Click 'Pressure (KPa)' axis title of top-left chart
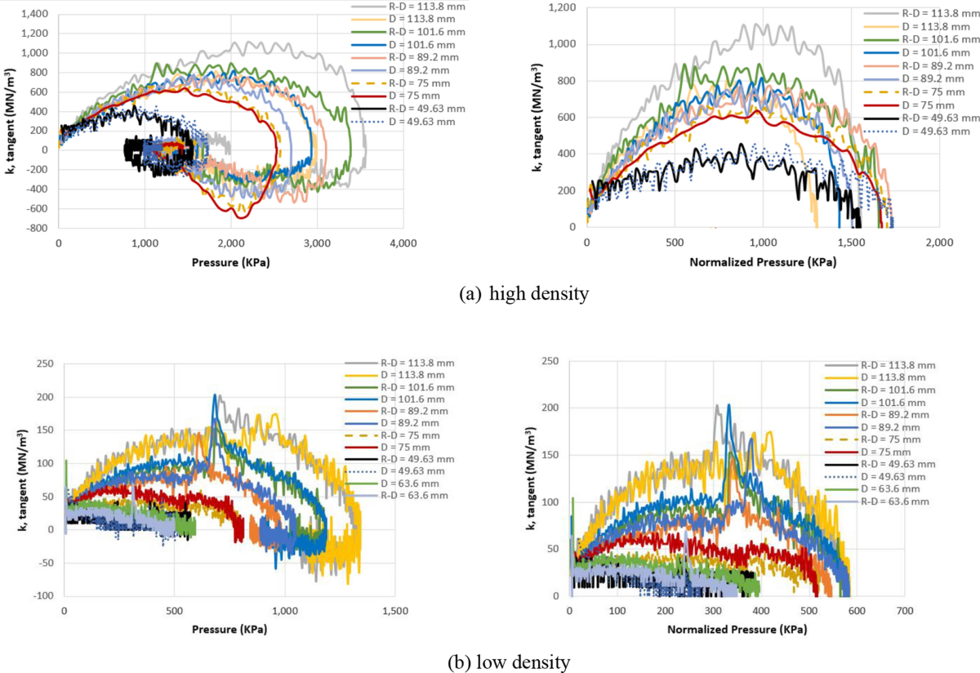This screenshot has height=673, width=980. tap(230, 264)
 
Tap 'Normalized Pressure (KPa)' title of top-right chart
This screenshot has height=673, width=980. tap(762, 264)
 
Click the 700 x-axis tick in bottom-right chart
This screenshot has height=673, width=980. tap(903, 611)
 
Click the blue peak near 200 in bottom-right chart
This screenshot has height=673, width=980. tap(728, 405)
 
